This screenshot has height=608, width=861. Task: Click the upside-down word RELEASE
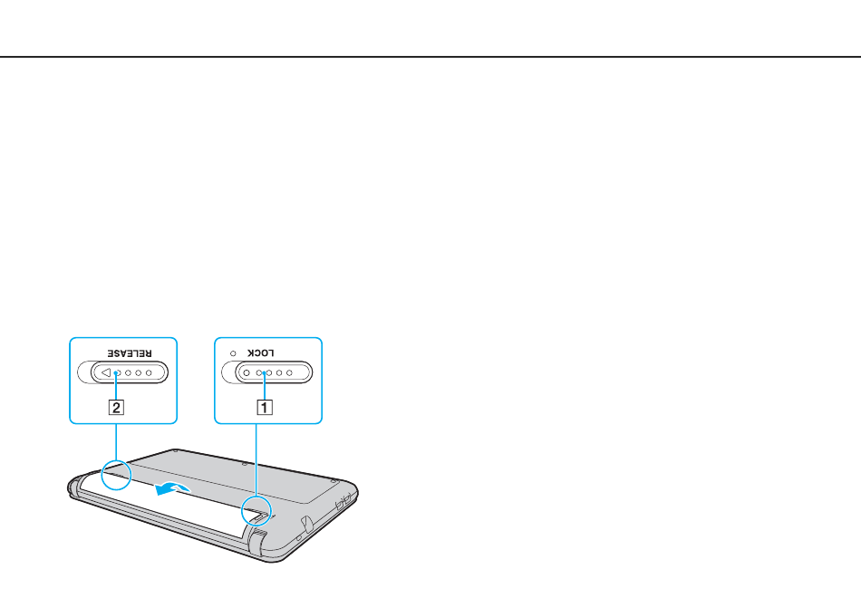pyautogui.click(x=129, y=353)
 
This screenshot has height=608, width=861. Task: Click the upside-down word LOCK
pyautogui.click(x=260, y=352)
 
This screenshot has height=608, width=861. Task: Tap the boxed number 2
pyautogui.click(x=116, y=407)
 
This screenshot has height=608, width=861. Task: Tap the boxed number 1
pyautogui.click(x=265, y=407)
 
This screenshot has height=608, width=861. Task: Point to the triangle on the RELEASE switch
pyautogui.click(x=106, y=372)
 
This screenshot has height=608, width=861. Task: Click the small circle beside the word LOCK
pyautogui.click(x=233, y=353)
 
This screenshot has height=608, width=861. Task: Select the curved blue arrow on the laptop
pyautogui.click(x=173, y=487)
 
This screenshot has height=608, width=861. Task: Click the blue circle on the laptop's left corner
pyautogui.click(x=116, y=475)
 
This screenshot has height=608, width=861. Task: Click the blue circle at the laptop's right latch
pyautogui.click(x=256, y=511)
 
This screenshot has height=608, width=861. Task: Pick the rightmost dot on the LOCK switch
pyautogui.click(x=289, y=373)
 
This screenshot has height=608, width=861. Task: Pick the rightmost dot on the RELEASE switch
pyautogui.click(x=149, y=373)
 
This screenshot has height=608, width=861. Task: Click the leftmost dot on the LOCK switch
pyautogui.click(x=247, y=373)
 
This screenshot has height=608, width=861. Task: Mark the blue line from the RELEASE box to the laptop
pyautogui.click(x=116, y=442)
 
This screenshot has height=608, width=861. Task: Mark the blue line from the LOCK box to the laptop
pyautogui.click(x=256, y=459)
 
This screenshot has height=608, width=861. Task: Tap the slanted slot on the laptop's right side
pyautogui.click(x=306, y=524)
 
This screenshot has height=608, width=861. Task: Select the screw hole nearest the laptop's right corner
pyautogui.click(x=334, y=481)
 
